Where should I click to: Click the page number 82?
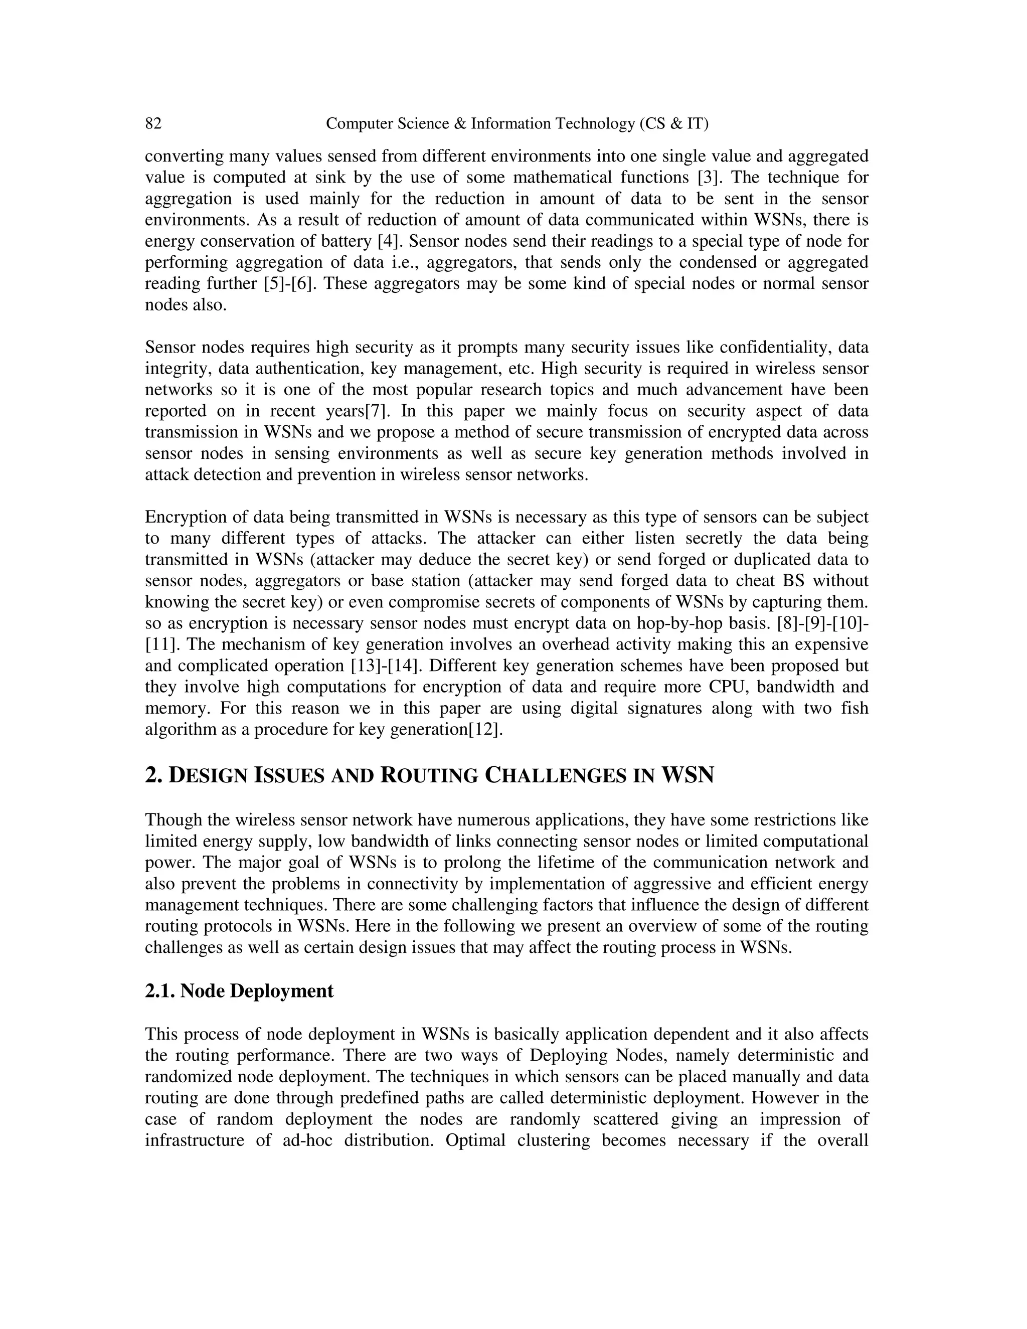tap(153, 124)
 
